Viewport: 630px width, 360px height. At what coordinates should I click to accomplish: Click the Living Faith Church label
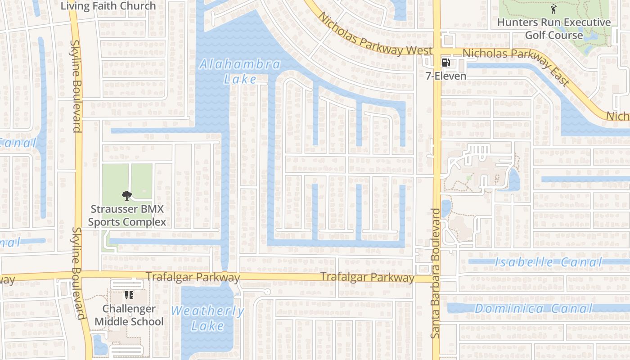pyautogui.click(x=108, y=6)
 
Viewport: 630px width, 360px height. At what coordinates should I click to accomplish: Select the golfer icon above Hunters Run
pyautogui.click(x=553, y=9)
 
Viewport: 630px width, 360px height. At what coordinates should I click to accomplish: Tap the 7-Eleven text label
pyautogui.click(x=446, y=76)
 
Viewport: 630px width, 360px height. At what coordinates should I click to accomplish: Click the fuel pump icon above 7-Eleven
pyautogui.click(x=445, y=63)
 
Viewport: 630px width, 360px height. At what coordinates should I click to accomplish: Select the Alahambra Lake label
pyautogui.click(x=240, y=72)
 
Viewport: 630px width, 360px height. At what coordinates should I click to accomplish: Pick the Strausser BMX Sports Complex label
pyautogui.click(x=127, y=216)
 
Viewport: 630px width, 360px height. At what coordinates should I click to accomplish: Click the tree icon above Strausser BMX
pyautogui.click(x=127, y=195)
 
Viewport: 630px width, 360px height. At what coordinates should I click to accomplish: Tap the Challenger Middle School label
pyautogui.click(x=129, y=315)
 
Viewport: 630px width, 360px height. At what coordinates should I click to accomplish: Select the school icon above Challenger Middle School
pyautogui.click(x=129, y=295)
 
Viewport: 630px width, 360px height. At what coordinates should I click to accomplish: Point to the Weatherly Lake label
pyautogui.click(x=207, y=318)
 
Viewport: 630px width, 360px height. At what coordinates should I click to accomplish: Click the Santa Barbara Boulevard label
pyautogui.click(x=436, y=273)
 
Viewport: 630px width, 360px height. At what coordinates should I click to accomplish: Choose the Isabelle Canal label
pyautogui.click(x=548, y=262)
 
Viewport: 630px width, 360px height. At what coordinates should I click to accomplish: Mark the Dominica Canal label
pyautogui.click(x=534, y=309)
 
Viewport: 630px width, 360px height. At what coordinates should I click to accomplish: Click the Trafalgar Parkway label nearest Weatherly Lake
pyautogui.click(x=193, y=277)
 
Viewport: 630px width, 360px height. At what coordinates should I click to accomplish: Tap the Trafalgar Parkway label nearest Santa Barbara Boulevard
pyautogui.click(x=367, y=278)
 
